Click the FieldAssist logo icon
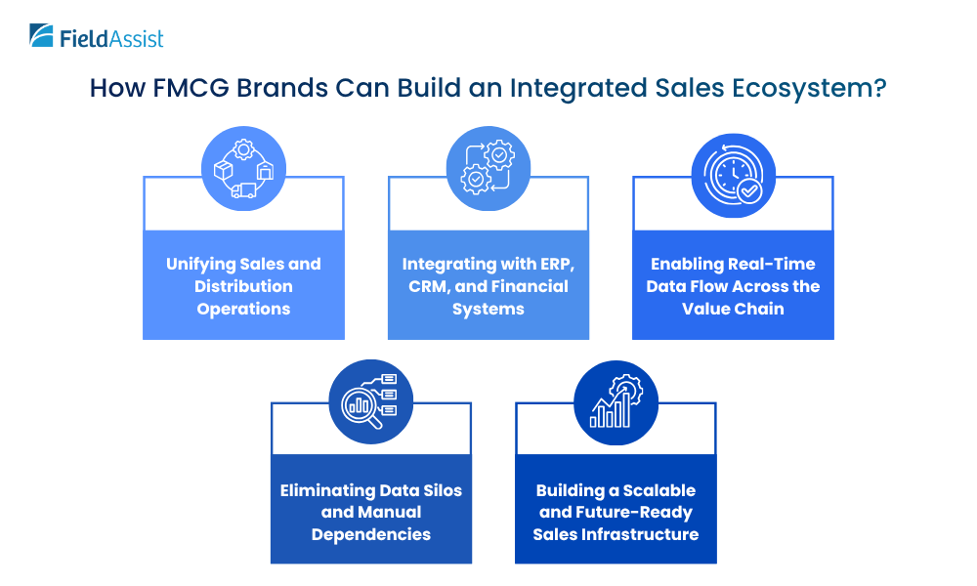click(42, 36)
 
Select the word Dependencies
click(370, 534)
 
